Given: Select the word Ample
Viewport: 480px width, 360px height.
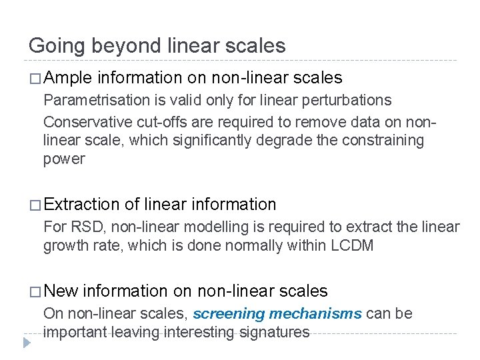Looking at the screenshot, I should click(x=70, y=79).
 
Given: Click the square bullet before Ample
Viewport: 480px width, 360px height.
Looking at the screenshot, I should click(x=35, y=79).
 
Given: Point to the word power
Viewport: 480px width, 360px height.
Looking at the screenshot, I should click(x=64, y=159).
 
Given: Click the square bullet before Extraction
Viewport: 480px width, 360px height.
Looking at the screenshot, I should click(x=35, y=205).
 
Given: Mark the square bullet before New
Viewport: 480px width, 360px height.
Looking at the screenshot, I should click(x=35, y=291).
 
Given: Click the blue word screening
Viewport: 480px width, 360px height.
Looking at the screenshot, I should click(x=226, y=314).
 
